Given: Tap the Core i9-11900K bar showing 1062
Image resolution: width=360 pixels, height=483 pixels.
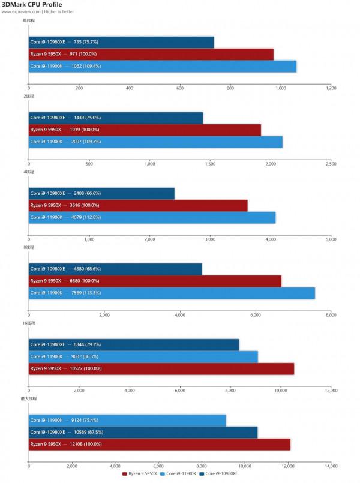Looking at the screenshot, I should click(x=163, y=66).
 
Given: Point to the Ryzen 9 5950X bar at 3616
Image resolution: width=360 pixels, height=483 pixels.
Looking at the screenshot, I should click(x=138, y=205).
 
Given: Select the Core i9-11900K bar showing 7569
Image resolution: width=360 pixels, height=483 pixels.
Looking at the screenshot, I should click(x=172, y=293).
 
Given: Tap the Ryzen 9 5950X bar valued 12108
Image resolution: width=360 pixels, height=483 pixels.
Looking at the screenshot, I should click(x=160, y=444).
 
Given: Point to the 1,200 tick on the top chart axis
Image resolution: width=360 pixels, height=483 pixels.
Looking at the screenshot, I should click(x=331, y=88).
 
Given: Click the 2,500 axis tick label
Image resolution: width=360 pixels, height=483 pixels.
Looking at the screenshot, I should click(x=331, y=163).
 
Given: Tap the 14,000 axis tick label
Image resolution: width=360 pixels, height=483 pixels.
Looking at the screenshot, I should click(x=331, y=466).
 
